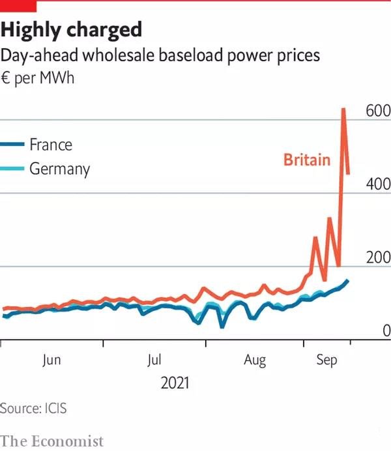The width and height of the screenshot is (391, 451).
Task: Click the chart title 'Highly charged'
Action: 72,29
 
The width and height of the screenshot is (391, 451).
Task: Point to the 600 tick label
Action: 377,111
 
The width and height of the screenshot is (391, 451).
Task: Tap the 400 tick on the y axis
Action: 377,184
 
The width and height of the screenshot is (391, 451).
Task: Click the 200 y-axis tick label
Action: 377,258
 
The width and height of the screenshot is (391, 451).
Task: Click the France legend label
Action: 50,144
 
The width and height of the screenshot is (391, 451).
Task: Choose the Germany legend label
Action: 59,169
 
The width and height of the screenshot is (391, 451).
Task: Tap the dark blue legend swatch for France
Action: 12,145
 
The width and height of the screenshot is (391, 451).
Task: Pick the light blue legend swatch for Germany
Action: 12,169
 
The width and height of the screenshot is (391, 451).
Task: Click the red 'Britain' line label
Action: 306,160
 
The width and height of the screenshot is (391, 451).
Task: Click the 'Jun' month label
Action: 51,360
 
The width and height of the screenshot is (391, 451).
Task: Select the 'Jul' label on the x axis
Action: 154,360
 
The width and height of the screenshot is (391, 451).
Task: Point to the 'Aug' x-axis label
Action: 255,360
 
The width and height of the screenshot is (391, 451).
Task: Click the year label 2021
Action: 175,383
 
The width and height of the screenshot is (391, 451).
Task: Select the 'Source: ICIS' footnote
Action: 33,409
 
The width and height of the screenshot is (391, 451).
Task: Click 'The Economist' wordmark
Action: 52,441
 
